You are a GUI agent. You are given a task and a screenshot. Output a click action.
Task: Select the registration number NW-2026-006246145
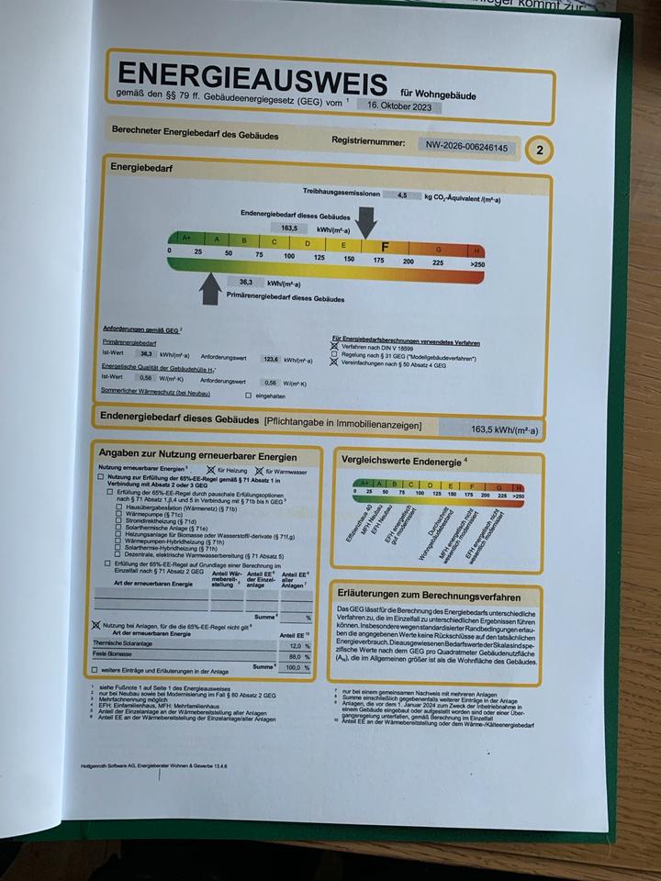click(466, 147)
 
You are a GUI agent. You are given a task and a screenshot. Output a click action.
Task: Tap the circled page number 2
click(540, 150)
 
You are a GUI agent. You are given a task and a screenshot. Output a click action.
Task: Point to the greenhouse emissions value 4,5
click(401, 195)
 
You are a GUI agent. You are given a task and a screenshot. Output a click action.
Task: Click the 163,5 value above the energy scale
click(288, 227)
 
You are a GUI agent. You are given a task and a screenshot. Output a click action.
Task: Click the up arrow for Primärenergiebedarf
click(210, 289)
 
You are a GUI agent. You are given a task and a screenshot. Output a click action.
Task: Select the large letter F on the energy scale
click(385, 246)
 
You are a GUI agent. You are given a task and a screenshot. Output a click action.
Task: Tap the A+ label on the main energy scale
click(186, 238)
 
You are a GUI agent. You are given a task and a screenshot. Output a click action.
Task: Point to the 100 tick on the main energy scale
click(289, 256)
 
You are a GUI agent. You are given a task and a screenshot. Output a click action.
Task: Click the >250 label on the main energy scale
click(476, 263)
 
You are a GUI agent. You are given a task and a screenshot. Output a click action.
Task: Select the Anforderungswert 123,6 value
click(270, 360)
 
